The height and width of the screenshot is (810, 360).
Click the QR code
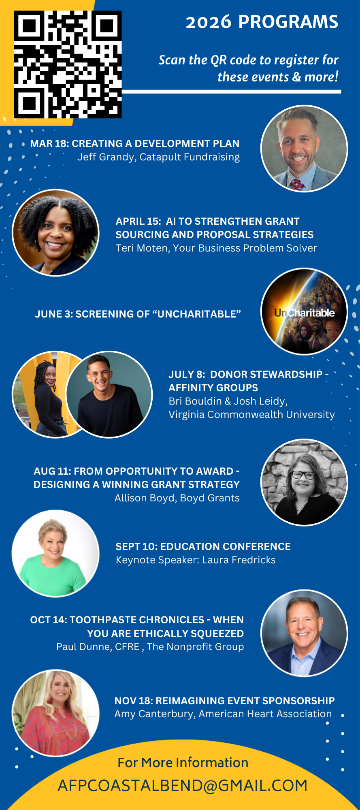(68, 64)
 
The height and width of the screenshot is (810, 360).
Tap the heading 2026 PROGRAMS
(262, 22)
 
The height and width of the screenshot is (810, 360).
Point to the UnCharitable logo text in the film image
(305, 313)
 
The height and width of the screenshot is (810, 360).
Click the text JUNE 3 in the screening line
(53, 314)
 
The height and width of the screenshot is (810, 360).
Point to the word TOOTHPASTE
(96, 620)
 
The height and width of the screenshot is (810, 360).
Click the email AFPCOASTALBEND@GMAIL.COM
(183, 785)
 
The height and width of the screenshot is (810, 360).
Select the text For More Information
(183, 763)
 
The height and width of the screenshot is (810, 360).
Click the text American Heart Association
(265, 714)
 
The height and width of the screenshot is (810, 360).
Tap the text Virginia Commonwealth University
(252, 415)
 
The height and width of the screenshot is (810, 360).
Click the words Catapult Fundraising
(190, 157)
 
